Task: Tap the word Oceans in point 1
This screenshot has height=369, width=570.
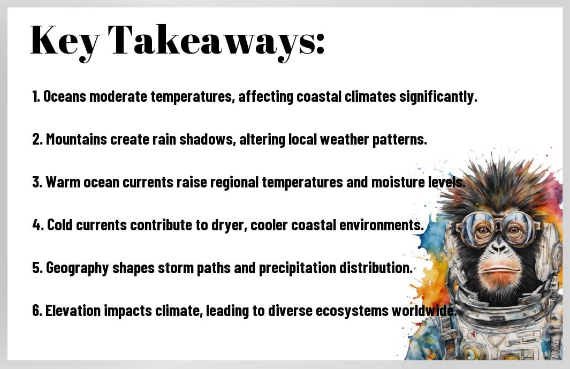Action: (65, 97)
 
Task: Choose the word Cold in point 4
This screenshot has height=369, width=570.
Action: (59, 225)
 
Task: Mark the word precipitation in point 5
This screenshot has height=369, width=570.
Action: (298, 268)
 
